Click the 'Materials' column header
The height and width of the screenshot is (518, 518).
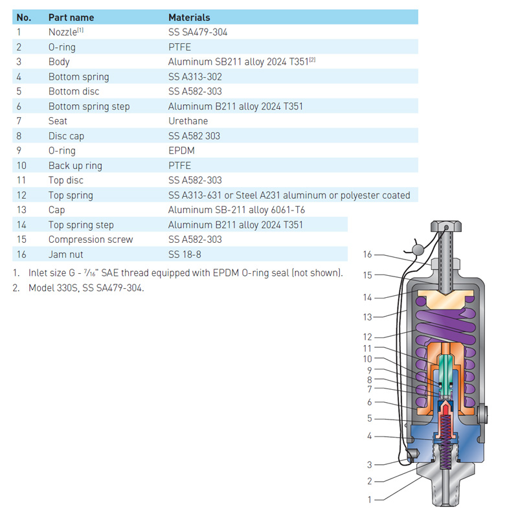pos(189,17)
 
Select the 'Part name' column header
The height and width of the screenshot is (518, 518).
pos(71,17)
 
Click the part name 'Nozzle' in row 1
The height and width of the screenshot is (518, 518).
pos(62,32)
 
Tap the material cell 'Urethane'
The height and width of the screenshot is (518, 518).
pos(188,121)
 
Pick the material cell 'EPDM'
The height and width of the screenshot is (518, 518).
pos(181,151)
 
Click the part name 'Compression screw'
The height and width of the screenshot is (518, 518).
pos(91,240)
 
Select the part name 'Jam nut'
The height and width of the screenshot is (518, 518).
pos(66,254)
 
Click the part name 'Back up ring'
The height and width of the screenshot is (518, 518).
pos(75,166)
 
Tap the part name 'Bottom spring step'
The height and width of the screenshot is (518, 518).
pos(89,106)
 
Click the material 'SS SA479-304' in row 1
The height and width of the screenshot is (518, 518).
pos(197,32)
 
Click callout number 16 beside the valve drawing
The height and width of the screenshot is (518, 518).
pos(368,254)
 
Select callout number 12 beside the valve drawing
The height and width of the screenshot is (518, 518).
pos(368,337)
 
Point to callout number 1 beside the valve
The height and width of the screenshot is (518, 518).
pos(370,499)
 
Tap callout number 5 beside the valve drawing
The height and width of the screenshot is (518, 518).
pos(370,418)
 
